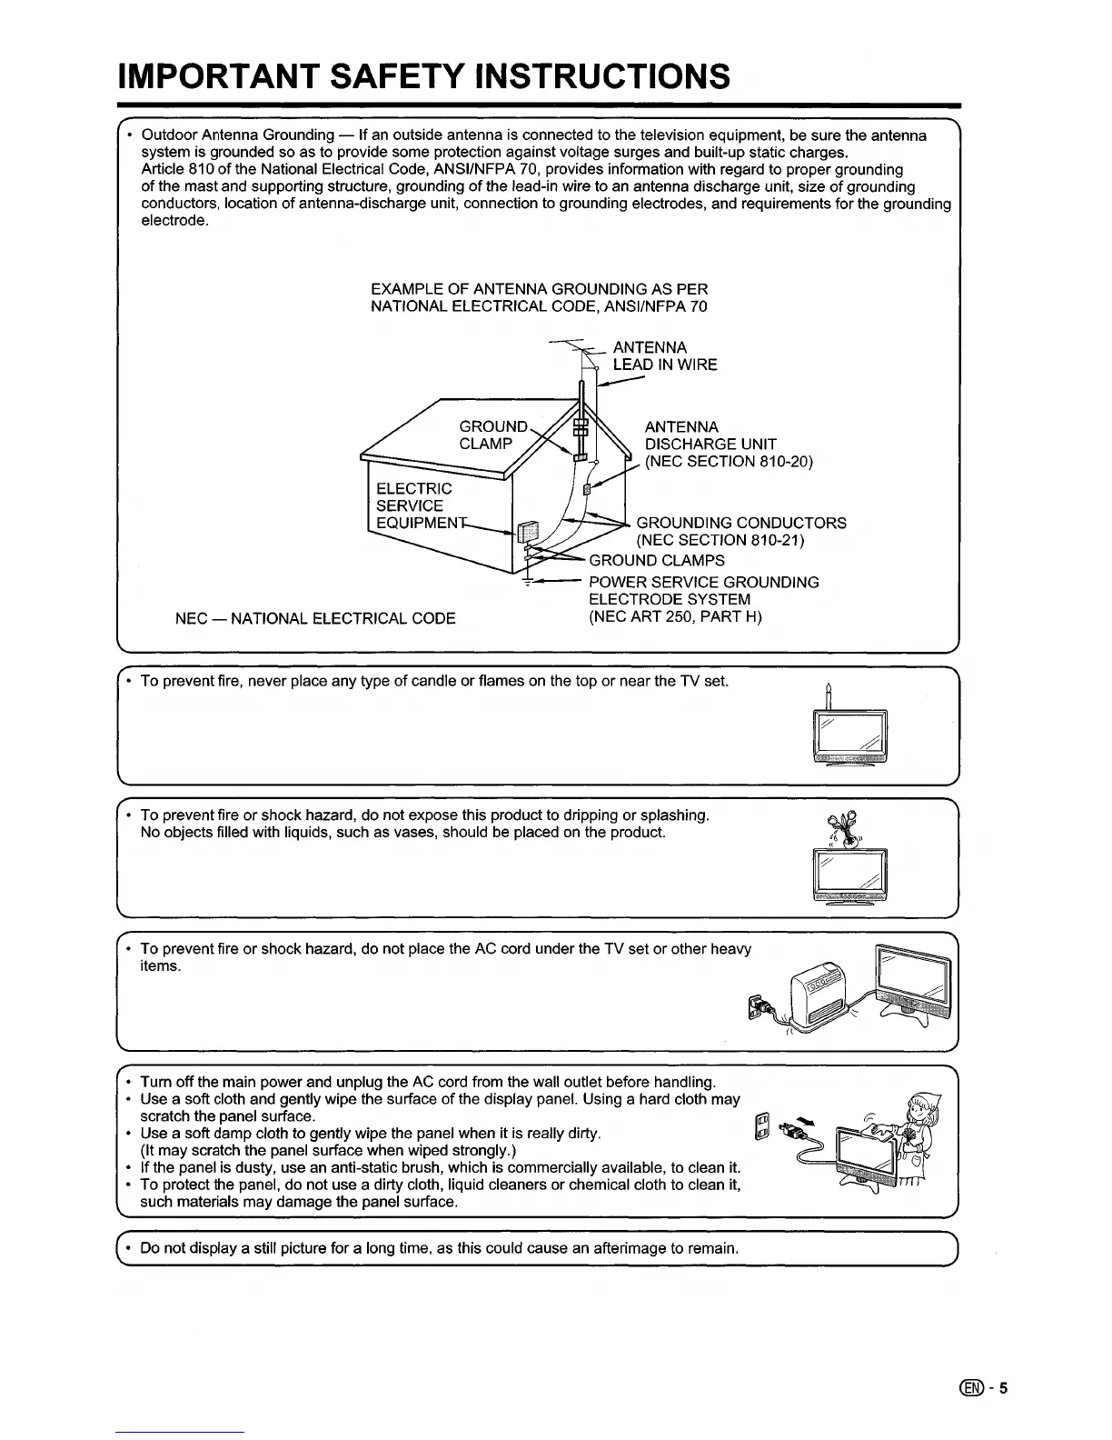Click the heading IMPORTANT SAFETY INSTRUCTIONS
pos(423,76)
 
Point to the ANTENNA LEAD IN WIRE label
pos(664,356)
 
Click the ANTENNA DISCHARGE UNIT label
pos(727,444)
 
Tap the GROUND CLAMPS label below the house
pos(657,560)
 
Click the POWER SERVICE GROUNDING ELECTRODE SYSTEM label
pos(703,599)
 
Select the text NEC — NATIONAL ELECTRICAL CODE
pos(315,619)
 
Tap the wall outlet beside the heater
pos(754,1006)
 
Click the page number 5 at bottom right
pos(1004,1388)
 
